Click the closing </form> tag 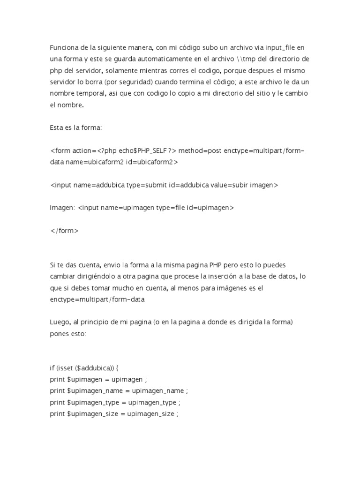pyautogui.click(x=64, y=231)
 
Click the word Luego pyautogui.click(x=60, y=322)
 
